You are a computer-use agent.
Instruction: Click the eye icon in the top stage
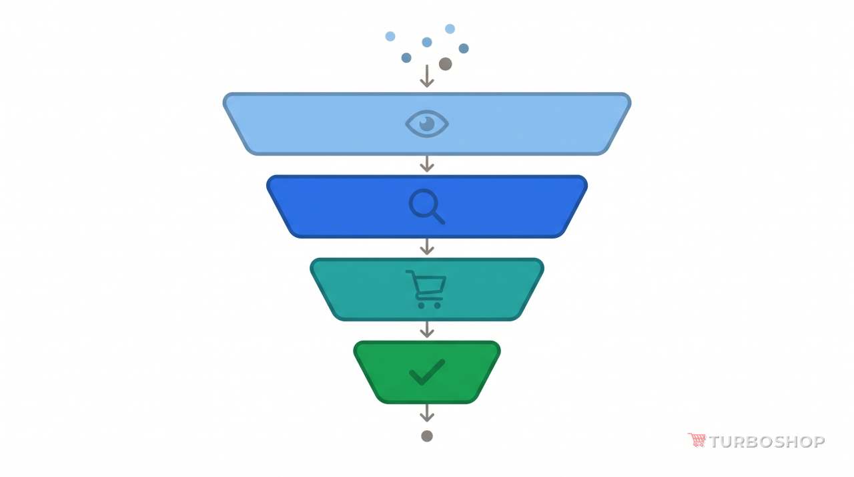[426, 124]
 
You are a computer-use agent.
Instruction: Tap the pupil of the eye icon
[426, 124]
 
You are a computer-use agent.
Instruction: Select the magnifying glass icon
[426, 206]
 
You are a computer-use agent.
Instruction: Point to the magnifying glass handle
[438, 218]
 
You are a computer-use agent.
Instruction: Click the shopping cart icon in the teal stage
[426, 289]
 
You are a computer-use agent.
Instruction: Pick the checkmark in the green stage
[426, 372]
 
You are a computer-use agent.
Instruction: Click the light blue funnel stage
[426, 124]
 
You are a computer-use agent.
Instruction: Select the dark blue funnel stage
[426, 206]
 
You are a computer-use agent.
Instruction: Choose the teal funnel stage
[426, 289]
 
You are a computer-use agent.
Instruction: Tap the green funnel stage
[426, 372]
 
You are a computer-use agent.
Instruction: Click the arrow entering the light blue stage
[426, 76]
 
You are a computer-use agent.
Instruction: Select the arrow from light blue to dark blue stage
[426, 164]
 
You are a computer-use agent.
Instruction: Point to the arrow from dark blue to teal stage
[426, 247]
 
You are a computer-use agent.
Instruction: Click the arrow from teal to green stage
[426, 329]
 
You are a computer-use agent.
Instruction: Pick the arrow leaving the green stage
[426, 412]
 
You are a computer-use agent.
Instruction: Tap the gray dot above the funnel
[445, 63]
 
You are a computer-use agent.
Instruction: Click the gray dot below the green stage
[426, 436]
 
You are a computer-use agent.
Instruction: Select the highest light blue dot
[450, 29]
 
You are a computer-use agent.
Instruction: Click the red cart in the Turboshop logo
[697, 440]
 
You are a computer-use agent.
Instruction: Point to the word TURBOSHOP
[767, 442]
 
